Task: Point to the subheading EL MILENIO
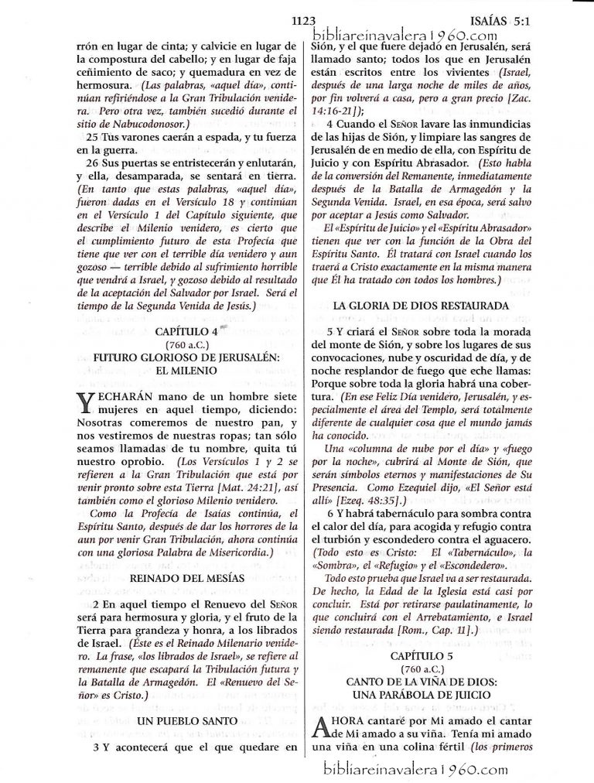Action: point(183,370)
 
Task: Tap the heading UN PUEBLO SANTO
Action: point(183,720)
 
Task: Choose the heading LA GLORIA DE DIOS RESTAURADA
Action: point(420,306)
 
